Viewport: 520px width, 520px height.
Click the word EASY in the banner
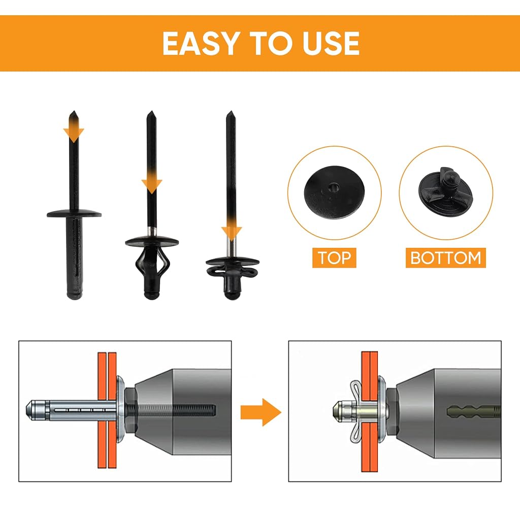[x=201, y=43]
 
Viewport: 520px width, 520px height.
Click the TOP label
[x=334, y=257]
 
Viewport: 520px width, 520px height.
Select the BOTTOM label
[x=446, y=257]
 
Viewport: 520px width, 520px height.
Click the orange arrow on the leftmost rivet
[x=74, y=131]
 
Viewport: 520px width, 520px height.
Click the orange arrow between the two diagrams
[x=261, y=412]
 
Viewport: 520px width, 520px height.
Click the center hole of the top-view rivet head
[x=333, y=188]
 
